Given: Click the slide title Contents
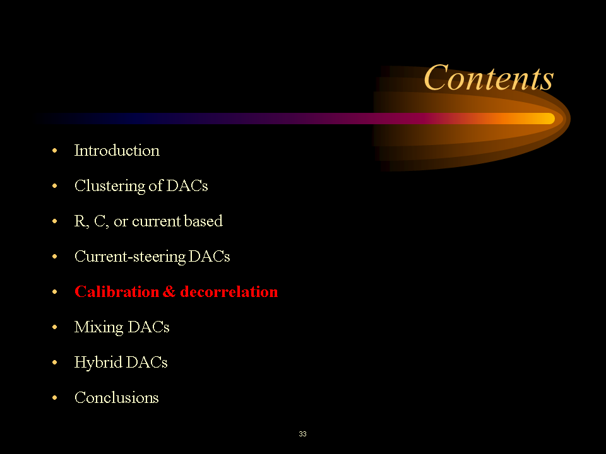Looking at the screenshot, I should point(489,79).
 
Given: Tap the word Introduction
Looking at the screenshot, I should point(117,151).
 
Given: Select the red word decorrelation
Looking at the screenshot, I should point(229,292).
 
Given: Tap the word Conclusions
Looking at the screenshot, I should point(117,398).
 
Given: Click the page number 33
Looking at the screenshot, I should point(303,434).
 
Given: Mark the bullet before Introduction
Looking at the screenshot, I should point(56,151).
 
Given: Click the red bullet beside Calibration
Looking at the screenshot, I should point(56,293).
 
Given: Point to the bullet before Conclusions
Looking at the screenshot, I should point(56,399).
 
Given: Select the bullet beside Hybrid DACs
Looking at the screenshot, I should point(56,363).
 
